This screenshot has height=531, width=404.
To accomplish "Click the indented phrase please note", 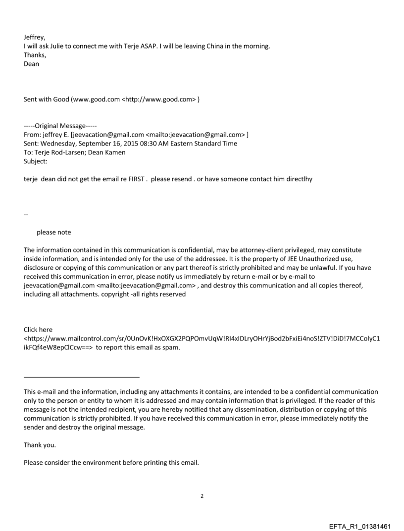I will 53,233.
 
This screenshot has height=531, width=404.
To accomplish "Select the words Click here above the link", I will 38,329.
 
